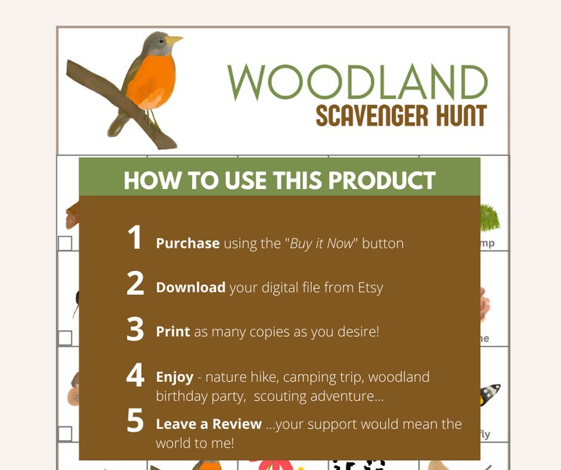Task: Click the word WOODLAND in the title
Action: click(357, 83)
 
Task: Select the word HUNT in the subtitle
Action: click(456, 114)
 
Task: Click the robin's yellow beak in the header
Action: click(174, 40)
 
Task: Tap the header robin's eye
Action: click(160, 41)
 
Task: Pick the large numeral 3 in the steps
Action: click(135, 329)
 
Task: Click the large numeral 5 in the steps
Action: click(135, 421)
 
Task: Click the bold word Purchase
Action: click(187, 243)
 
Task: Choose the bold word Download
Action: click(191, 288)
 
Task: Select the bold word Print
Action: click(173, 331)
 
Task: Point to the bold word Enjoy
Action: click(175, 377)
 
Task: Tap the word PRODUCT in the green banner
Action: click(382, 180)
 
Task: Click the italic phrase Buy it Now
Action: click(323, 243)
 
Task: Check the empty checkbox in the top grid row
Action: click(65, 243)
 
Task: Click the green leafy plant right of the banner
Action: click(489, 217)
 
